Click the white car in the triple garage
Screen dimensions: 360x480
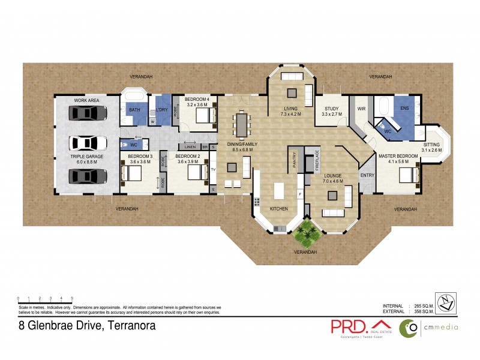(x=88, y=143)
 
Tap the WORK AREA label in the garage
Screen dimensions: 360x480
(x=86, y=100)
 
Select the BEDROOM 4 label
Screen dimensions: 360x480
(x=197, y=99)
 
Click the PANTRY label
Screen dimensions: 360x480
(x=295, y=158)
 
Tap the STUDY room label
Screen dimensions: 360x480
(x=331, y=109)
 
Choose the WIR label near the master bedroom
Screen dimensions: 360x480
(x=361, y=109)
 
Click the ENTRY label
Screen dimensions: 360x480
(x=367, y=175)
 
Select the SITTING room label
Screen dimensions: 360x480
(x=431, y=145)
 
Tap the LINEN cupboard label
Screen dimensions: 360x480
(x=190, y=146)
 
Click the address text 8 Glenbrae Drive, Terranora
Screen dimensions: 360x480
(x=88, y=326)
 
